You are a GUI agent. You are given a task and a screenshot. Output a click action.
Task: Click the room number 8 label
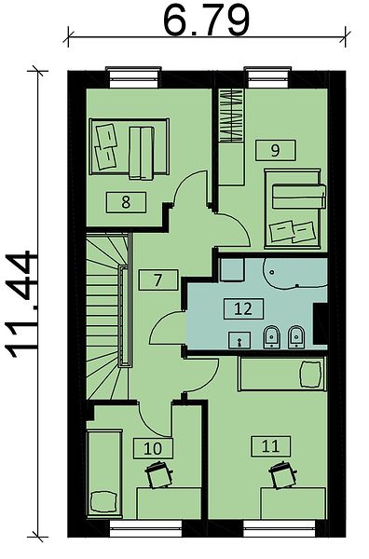point(126,202)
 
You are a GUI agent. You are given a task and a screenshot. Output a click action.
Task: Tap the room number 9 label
point(275,150)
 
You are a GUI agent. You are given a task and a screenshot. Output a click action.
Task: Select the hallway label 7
point(158,279)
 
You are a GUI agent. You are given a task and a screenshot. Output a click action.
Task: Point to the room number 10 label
point(153,448)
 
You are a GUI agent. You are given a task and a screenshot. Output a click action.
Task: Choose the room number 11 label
point(270,446)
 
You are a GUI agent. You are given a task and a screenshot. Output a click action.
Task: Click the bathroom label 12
point(244,308)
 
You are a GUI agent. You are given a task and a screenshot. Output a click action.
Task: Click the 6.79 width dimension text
point(206,20)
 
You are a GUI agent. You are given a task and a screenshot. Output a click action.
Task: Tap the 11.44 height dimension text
point(20,304)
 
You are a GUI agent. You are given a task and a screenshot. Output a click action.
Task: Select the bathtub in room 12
point(295,273)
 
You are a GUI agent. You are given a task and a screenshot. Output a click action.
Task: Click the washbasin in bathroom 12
point(239,339)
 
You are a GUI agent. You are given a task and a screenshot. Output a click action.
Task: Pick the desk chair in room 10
point(158,474)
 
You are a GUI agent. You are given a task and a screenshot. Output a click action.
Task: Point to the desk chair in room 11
point(282,474)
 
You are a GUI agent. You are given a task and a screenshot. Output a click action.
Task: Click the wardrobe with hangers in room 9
point(232,116)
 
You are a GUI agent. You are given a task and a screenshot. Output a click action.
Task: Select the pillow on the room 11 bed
point(310,374)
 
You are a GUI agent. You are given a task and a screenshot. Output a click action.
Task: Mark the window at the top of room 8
point(133,77)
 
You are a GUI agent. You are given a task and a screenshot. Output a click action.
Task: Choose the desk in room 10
point(169,503)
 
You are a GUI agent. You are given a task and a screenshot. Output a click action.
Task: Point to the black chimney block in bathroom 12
point(321,323)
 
